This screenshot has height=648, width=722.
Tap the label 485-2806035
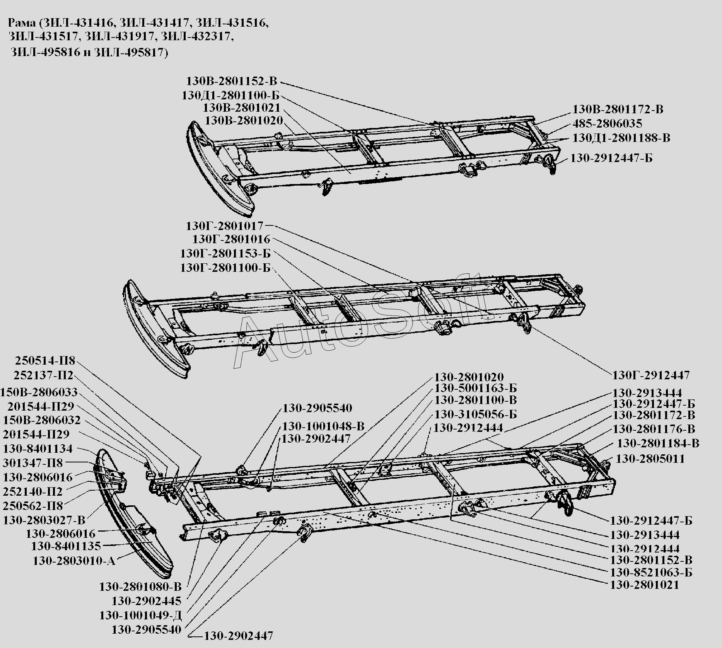(x=607, y=124)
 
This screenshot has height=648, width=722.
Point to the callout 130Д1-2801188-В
(x=621, y=138)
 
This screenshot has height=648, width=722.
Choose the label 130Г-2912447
(x=651, y=375)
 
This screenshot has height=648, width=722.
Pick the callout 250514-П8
(x=45, y=361)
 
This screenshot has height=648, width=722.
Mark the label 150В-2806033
(x=39, y=392)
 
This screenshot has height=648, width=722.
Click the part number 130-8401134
(x=38, y=448)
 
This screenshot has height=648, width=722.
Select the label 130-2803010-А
(x=74, y=561)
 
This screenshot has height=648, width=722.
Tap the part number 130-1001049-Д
(x=140, y=615)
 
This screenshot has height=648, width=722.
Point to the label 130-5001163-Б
(x=475, y=388)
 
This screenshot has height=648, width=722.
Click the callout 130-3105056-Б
(x=475, y=414)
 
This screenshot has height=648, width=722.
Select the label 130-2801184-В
(x=658, y=443)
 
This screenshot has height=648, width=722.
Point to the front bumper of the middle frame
(x=155, y=333)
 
